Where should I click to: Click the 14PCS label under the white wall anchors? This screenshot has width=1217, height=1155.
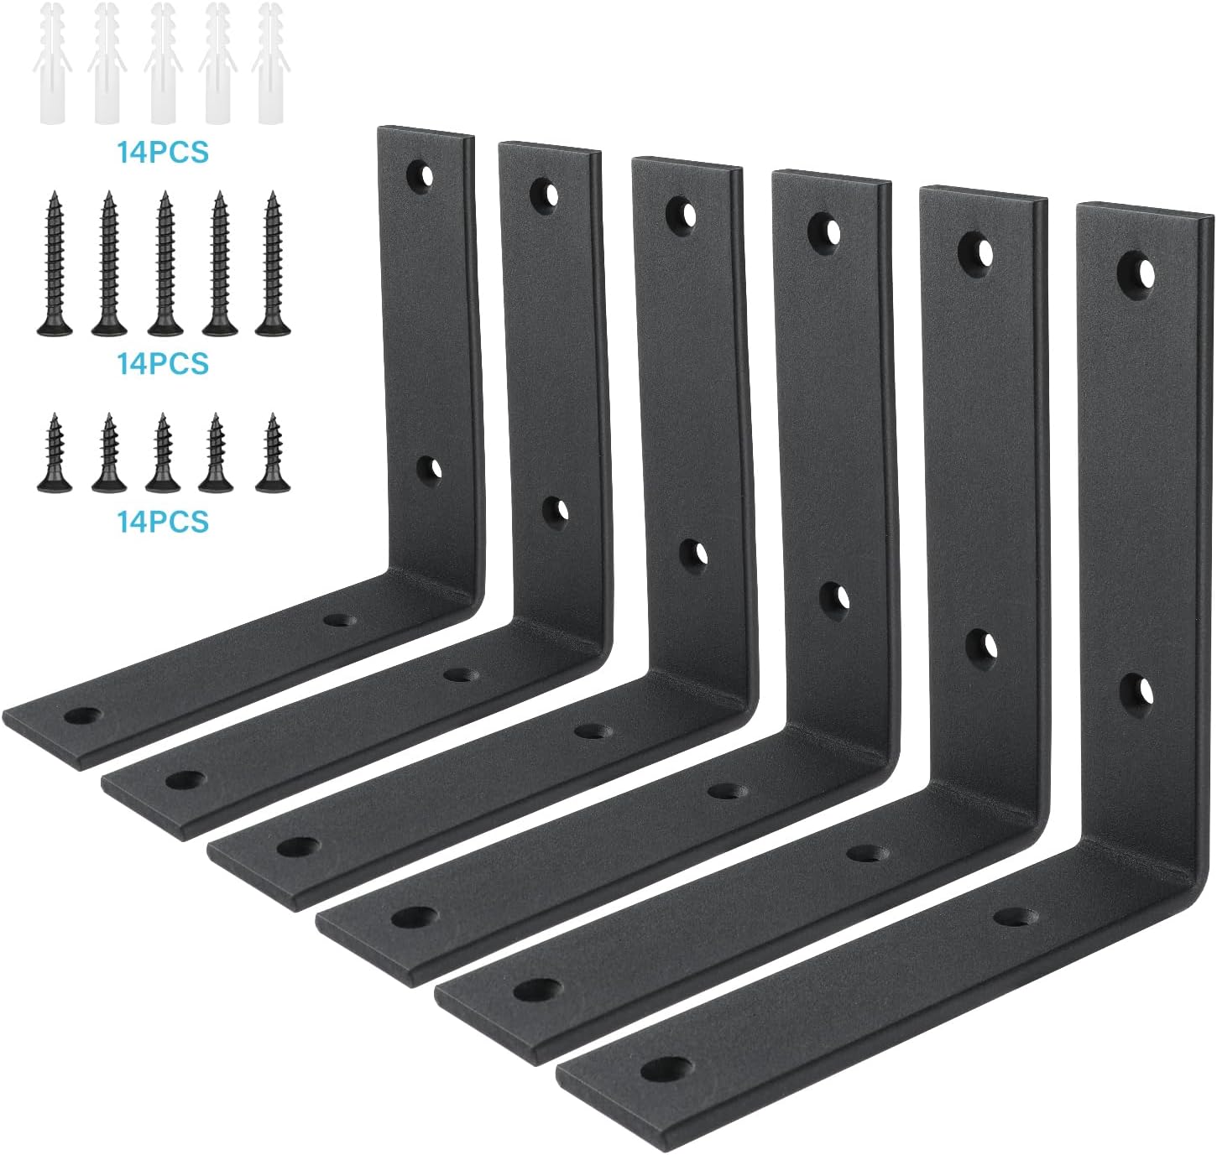pyautogui.click(x=163, y=153)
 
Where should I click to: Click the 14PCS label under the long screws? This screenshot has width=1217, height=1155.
pyautogui.click(x=163, y=363)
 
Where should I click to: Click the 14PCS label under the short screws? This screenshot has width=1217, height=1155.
pyautogui.click(x=163, y=521)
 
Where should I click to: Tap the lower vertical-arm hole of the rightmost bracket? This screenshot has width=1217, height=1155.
pyautogui.click(x=1135, y=689)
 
